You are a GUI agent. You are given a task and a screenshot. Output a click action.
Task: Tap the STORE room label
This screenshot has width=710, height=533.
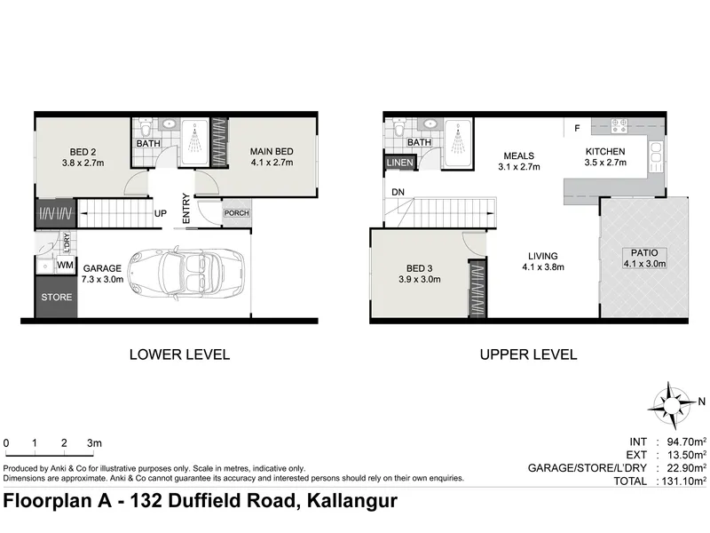coord(57,297)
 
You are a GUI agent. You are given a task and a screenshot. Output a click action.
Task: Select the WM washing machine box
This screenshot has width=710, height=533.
coord(65,265)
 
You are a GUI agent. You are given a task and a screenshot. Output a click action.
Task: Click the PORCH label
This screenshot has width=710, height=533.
coord(236,213)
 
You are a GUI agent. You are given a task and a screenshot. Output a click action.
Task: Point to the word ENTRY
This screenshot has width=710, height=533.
coord(186,209)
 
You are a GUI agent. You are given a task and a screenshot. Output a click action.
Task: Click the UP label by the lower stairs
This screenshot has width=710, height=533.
coord(161,213)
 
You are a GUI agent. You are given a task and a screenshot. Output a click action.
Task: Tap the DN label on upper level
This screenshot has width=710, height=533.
coord(398,192)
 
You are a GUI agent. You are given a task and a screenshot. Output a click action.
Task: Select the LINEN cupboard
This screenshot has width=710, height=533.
coord(400,163)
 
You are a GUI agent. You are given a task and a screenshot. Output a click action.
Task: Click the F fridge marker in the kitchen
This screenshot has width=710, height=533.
coord(577,128)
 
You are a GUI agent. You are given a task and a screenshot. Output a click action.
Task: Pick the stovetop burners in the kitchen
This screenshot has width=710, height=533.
coord(619,125)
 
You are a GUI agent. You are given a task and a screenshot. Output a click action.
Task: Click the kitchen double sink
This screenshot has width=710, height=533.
coord(656,157)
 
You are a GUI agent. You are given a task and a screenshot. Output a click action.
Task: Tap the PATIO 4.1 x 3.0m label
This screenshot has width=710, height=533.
coord(644,259)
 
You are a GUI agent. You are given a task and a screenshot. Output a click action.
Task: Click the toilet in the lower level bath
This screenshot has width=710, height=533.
coord(146,127)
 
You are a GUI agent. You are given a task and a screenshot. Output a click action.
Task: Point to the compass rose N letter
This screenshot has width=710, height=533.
coord(701,402)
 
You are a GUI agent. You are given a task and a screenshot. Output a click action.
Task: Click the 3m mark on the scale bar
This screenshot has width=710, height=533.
coord(94,442)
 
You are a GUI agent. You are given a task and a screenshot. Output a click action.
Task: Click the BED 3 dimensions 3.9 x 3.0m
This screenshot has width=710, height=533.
coord(419,280)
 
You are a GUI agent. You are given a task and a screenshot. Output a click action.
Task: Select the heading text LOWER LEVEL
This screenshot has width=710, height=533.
coord(180,354)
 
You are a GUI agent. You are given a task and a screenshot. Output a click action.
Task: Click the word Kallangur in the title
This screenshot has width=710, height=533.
coord(352,501)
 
